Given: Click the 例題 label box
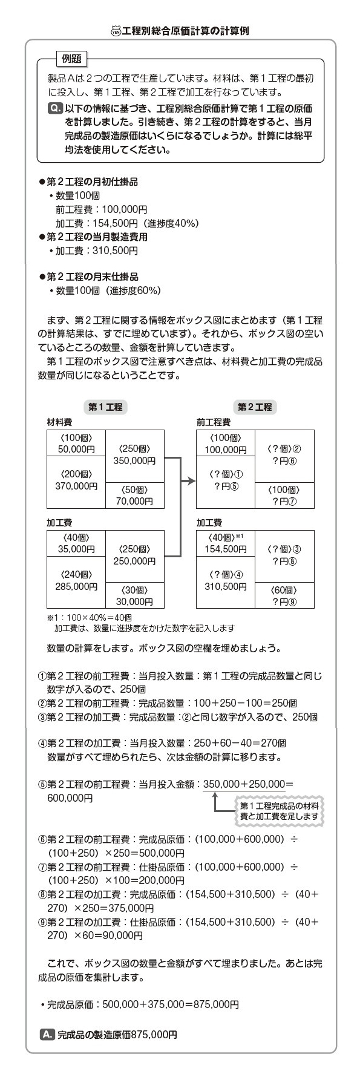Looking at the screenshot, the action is (72, 58).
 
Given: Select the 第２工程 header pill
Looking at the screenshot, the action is (255, 407).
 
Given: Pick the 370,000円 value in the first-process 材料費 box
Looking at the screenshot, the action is (76, 485).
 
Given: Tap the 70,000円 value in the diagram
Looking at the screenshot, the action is (134, 501).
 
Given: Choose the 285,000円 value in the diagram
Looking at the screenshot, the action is (76, 586).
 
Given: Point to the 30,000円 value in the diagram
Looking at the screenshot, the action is (134, 601).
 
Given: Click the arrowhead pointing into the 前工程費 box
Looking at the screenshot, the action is (192, 482).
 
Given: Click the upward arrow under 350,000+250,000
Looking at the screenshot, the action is (214, 802).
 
